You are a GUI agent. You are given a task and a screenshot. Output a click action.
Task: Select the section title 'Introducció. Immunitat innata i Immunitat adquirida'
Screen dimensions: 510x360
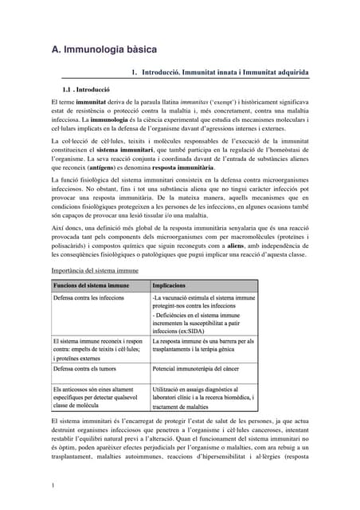click(225, 73)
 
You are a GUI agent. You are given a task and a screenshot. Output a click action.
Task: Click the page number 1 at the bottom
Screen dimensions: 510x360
click(52, 485)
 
